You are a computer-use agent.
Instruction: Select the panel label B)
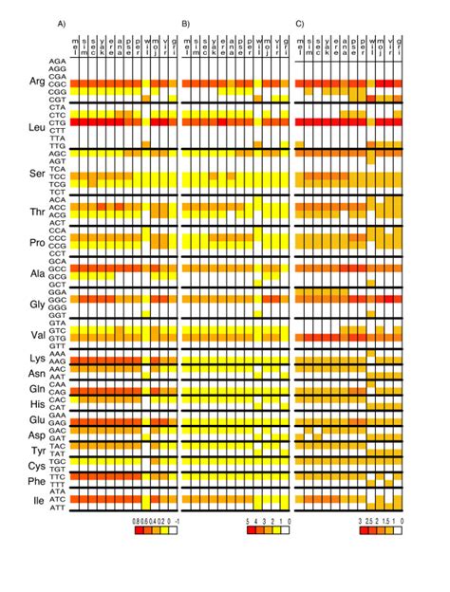click(x=186, y=22)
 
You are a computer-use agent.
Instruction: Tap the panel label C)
click(x=299, y=22)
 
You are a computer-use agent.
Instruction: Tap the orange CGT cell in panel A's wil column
click(x=146, y=98)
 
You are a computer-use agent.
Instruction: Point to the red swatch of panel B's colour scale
click(x=251, y=532)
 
